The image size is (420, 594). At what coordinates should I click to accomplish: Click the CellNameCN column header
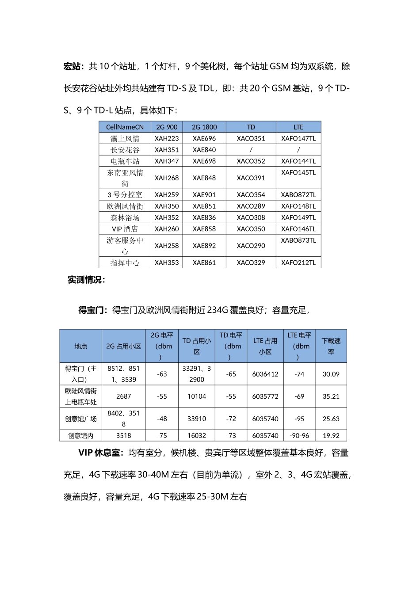(x=125, y=127)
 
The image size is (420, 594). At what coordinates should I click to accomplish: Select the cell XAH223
(x=167, y=138)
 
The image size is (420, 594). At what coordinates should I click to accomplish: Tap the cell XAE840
(x=204, y=150)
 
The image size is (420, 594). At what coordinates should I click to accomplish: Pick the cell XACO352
(x=251, y=161)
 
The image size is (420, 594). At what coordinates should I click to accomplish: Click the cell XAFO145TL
(x=298, y=172)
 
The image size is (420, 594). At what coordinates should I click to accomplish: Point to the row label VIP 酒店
(x=125, y=229)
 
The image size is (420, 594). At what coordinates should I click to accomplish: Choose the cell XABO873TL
(x=298, y=240)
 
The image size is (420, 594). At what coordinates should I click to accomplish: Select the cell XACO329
(x=251, y=263)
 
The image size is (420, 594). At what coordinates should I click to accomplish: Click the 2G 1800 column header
(x=204, y=127)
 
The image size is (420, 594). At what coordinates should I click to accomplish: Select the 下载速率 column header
(x=331, y=346)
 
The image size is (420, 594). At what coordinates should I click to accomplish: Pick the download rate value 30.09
(x=331, y=374)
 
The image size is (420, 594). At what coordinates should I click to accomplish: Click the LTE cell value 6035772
(x=265, y=396)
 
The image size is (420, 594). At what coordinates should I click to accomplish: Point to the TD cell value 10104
(x=197, y=396)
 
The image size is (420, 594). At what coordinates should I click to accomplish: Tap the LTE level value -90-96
(x=299, y=435)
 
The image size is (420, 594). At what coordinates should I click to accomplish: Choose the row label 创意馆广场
(x=80, y=419)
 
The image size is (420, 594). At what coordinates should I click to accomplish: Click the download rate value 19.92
(x=331, y=435)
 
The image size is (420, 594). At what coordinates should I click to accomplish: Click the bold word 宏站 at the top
(x=73, y=66)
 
